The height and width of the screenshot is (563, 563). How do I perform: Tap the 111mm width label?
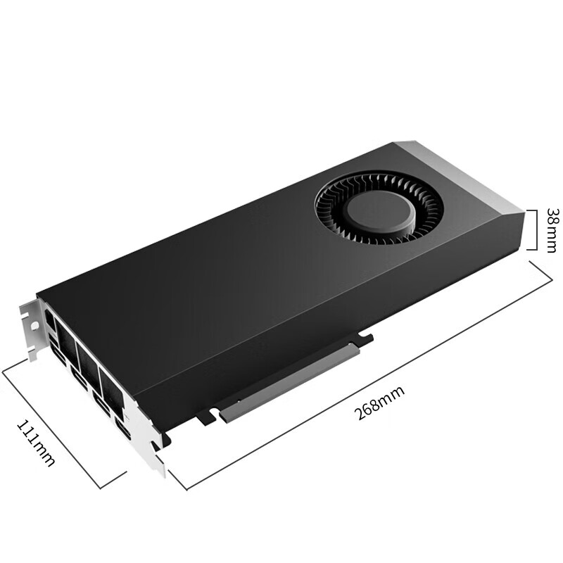(x=35, y=442)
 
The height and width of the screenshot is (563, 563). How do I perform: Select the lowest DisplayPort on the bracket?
(x=122, y=431)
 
